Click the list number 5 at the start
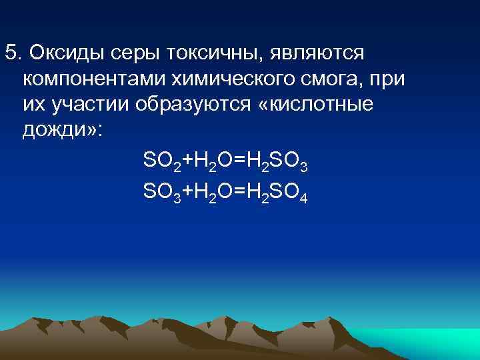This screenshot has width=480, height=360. pos(11,52)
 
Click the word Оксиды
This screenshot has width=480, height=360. pos(64,52)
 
